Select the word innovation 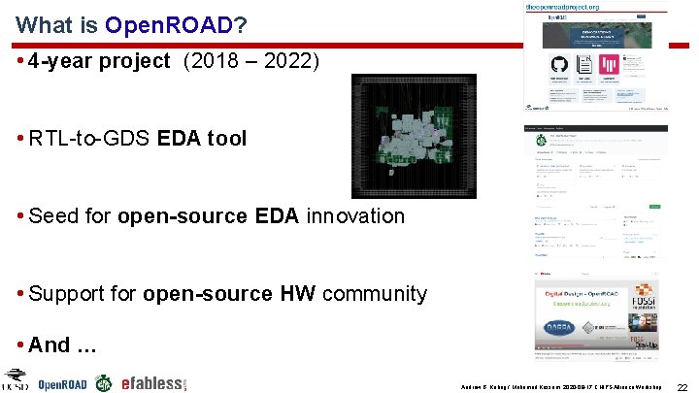(x=355, y=216)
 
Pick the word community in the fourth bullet (x=374, y=294)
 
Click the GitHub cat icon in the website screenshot (x=558, y=66)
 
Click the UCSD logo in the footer (x=17, y=379)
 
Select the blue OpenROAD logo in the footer (x=62, y=383)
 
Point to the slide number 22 (x=682, y=386)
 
